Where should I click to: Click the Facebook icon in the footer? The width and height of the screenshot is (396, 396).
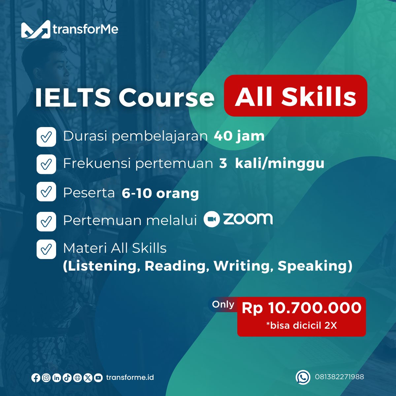pos(36,378)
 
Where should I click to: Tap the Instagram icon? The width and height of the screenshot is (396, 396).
pos(46,378)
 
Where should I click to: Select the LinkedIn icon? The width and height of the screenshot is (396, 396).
pos(56,378)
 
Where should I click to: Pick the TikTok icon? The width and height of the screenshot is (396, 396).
pos(67,378)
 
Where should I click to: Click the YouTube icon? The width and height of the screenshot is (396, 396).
pos(98,378)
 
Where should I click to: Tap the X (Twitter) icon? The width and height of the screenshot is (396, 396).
pos(88,378)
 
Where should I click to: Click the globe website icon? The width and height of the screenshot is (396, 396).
pos(78,378)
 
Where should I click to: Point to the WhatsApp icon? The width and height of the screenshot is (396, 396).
pos(303,377)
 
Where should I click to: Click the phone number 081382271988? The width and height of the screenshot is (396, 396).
pos(339,377)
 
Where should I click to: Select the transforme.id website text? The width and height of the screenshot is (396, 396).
pos(130,378)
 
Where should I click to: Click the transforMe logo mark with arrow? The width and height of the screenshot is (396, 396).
pos(36,29)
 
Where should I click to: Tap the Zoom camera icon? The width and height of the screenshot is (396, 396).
pos(212,219)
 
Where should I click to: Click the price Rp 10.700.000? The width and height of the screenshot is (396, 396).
pos(302,308)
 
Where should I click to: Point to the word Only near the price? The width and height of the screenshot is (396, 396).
pos(223,304)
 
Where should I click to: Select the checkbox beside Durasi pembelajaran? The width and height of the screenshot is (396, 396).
pos(46,137)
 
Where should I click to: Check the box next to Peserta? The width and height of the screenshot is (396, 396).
pos(46,191)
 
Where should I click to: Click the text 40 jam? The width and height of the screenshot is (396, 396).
pos(239,136)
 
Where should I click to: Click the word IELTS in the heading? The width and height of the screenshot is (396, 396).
pos(73,97)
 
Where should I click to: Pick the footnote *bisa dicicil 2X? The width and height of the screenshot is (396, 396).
pos(302,325)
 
